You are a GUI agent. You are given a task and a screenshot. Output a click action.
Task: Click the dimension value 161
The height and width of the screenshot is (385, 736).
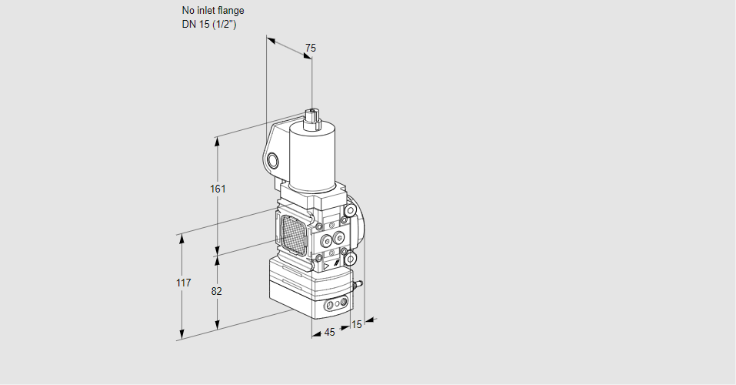(x=218, y=189)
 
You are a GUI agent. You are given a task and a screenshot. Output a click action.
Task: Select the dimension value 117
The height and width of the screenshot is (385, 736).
(x=182, y=283)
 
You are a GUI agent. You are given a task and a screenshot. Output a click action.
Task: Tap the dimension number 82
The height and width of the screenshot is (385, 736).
(x=217, y=291)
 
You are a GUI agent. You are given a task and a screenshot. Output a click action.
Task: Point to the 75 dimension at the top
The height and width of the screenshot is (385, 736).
(x=310, y=48)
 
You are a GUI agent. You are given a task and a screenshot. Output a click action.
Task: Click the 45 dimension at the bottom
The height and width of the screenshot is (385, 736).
(x=329, y=332)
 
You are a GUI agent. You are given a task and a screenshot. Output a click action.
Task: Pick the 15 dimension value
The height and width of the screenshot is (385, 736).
(x=355, y=324)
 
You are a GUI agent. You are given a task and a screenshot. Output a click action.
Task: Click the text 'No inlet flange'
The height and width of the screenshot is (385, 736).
(x=213, y=11)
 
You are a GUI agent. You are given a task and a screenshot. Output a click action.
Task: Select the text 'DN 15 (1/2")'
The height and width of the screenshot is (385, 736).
(x=208, y=24)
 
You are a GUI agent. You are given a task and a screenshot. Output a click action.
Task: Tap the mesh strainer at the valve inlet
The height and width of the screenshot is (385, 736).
(x=293, y=232)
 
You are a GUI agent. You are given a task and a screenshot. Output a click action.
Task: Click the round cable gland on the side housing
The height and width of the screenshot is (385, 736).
(x=274, y=160)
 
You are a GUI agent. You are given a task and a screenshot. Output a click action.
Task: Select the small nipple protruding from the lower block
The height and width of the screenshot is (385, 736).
(x=357, y=286)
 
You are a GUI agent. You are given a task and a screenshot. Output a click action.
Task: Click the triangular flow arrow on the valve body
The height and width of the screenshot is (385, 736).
(x=327, y=263)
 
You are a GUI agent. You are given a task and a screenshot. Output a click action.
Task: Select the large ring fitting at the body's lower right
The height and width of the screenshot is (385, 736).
(x=351, y=258)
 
